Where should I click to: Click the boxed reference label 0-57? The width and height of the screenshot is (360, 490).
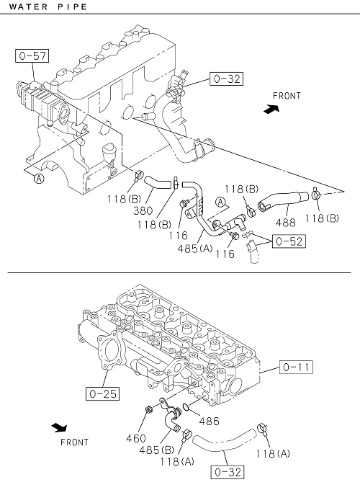32,56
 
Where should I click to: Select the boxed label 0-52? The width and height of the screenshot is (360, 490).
289,241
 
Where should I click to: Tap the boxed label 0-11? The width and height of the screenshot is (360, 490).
296,367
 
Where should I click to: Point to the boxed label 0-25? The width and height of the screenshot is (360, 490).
103,393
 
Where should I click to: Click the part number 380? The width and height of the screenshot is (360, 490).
143,211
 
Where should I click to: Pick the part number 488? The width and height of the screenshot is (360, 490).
285,223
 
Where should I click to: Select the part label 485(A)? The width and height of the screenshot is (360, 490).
195,249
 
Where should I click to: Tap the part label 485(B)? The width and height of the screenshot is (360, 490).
157,450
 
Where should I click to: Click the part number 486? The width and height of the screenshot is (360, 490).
209,422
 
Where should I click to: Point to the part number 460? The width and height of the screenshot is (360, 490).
136,438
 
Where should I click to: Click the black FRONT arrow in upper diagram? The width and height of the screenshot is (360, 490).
271,109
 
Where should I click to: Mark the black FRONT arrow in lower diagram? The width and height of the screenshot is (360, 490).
59,427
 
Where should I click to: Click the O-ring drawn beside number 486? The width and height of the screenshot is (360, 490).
186,407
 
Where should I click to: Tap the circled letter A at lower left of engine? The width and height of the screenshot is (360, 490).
39,179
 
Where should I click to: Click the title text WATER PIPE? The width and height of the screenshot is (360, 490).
48,6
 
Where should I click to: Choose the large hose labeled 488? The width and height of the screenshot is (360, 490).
283,200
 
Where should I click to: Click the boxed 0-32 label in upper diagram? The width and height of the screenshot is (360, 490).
226,79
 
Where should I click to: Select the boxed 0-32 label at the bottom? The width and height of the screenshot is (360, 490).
228,472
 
